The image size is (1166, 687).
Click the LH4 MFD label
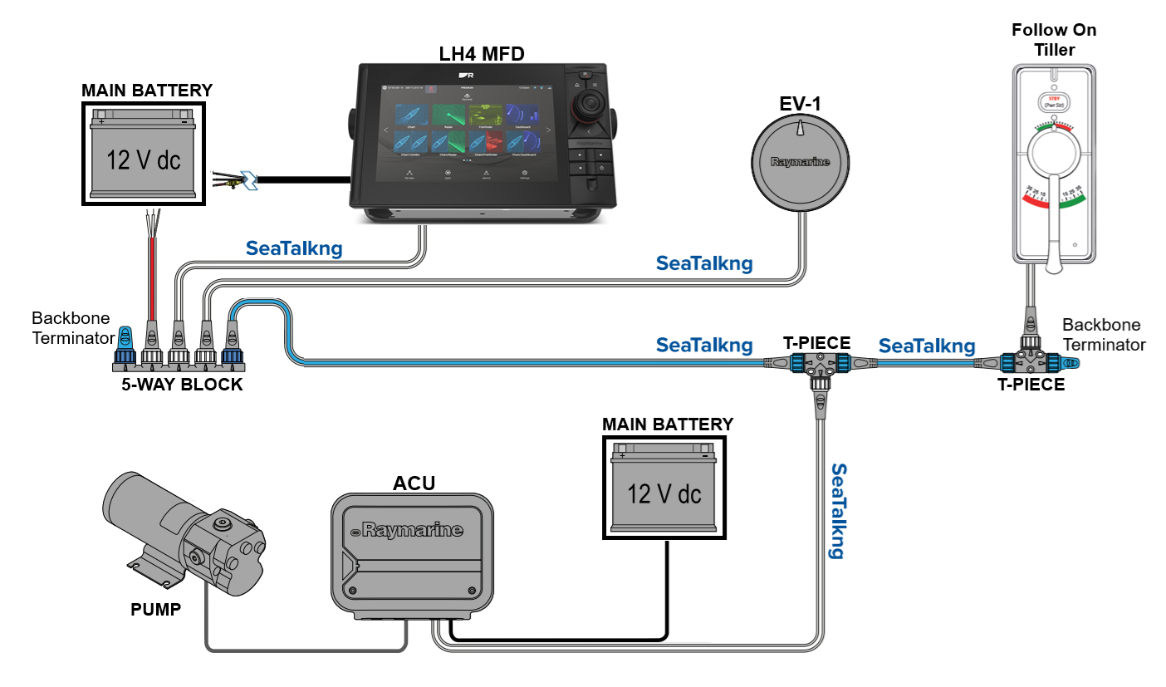click(x=482, y=54)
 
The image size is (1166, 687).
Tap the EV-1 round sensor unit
click(x=800, y=163)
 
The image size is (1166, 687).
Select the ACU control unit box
click(x=412, y=552)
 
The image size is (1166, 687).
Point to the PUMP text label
click(x=155, y=610)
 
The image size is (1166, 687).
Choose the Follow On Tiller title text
click(x=1054, y=40)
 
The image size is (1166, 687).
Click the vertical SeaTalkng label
click(x=840, y=510)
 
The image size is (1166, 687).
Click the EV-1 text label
click(x=799, y=105)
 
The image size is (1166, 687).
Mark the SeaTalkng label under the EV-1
click(x=704, y=263)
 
